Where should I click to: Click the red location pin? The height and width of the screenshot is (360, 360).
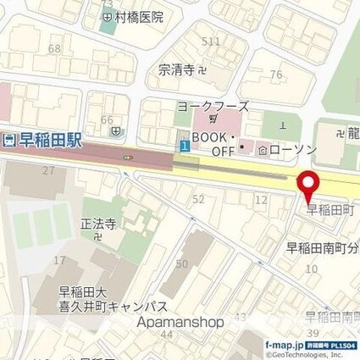307,183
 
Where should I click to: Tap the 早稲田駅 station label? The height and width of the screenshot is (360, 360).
49,142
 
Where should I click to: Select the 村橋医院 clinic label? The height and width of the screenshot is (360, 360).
135,16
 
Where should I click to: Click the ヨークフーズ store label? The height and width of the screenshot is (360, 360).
213,107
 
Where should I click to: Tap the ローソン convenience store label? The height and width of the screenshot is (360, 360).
291,149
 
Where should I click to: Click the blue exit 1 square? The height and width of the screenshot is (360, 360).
184,146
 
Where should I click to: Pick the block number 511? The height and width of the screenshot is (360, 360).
211,42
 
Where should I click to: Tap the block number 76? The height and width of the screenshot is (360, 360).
275,75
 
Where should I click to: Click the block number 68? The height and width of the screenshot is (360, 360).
54,49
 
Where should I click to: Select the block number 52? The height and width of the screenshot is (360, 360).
200,198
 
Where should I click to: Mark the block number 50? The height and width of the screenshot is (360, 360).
180,265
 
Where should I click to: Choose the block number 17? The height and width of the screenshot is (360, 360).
58,259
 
